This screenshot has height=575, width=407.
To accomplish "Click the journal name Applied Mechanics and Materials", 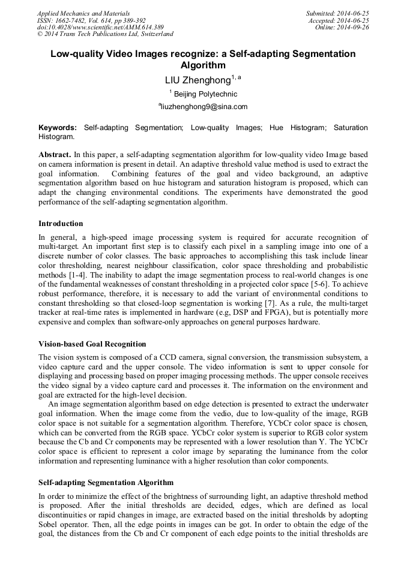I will [x=83, y=13].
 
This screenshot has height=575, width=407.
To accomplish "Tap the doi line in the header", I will [x=100, y=28].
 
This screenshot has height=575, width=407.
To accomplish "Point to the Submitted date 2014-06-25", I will [x=337, y=13].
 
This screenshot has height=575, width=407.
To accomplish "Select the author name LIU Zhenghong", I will [x=197, y=80].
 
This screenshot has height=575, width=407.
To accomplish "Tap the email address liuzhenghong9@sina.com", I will [x=203, y=107].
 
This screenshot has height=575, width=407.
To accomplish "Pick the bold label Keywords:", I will [x=58, y=128].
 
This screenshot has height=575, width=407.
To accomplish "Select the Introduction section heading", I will [x=61, y=224].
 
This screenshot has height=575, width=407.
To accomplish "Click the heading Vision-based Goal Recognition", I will [x=92, y=344].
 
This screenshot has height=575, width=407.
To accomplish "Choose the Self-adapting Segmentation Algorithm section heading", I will [x=106, y=483].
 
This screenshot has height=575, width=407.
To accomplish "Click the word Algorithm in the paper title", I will [x=203, y=65].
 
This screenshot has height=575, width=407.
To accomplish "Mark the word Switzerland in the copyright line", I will [x=152, y=35].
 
